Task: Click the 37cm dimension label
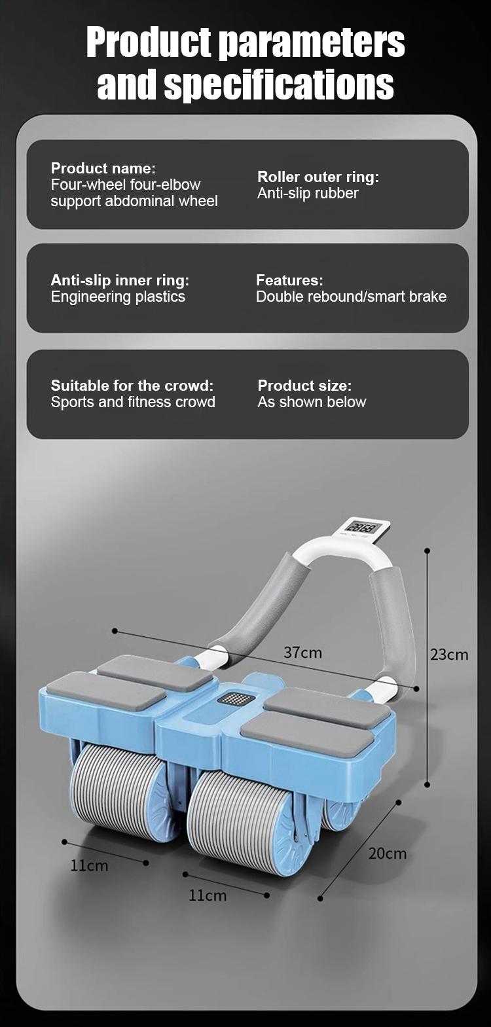[x=302, y=652]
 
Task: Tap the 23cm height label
[x=449, y=655]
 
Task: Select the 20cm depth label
[x=388, y=854]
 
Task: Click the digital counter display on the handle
[x=363, y=528]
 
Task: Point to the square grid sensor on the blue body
[x=236, y=698]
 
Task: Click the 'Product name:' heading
[x=103, y=168]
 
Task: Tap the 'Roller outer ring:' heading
[x=318, y=177]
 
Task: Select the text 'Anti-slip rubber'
[x=308, y=193]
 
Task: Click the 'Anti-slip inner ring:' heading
[x=120, y=279]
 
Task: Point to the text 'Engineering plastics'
[x=118, y=296]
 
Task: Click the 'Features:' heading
[x=289, y=279]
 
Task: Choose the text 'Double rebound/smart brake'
[x=351, y=296]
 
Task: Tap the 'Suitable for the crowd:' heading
[x=132, y=385]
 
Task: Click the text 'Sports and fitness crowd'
[x=133, y=402]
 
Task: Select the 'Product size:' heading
[x=304, y=385]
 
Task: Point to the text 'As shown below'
[x=312, y=402]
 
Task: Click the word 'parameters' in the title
[x=311, y=44]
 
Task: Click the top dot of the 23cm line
[x=427, y=550]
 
